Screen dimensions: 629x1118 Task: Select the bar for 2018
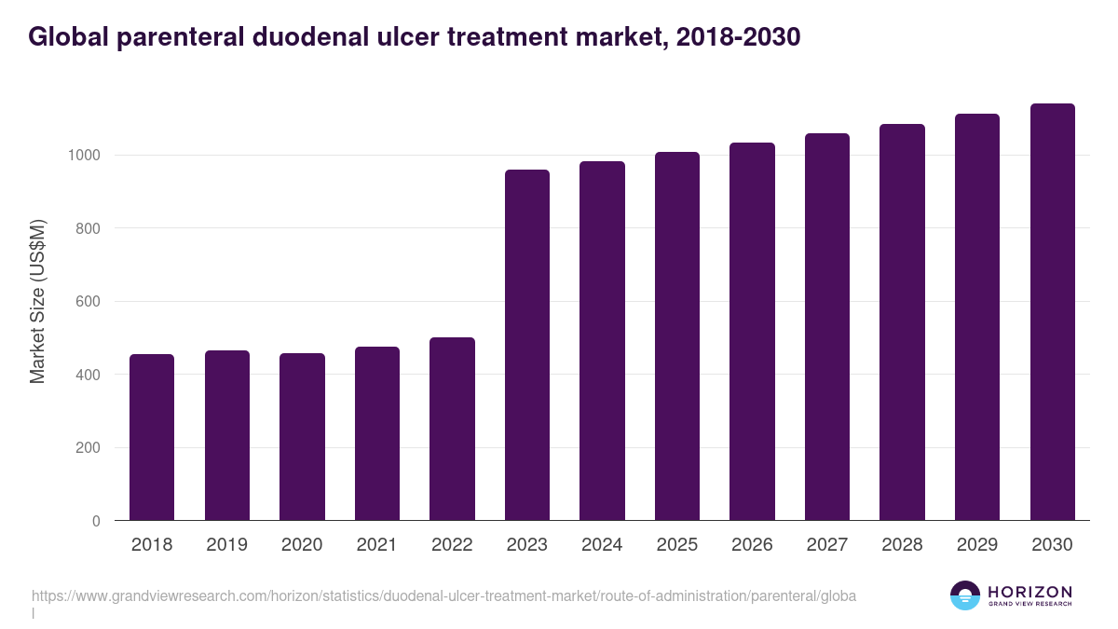click(x=152, y=437)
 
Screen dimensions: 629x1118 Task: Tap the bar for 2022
click(x=452, y=429)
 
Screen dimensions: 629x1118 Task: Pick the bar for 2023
click(x=527, y=345)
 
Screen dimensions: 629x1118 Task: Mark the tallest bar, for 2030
click(x=1052, y=312)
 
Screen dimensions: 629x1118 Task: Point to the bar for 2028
click(x=902, y=322)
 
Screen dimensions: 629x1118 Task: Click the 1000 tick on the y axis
click(x=83, y=155)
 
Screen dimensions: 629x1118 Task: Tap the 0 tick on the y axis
click(x=96, y=522)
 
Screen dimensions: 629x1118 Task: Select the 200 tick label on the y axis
click(x=88, y=448)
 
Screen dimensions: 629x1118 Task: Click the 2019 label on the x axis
click(x=226, y=545)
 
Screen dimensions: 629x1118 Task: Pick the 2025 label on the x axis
click(x=676, y=545)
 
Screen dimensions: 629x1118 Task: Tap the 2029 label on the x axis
click(x=976, y=545)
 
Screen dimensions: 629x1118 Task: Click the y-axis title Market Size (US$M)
click(x=37, y=301)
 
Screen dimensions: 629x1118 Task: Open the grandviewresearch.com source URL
click(x=443, y=595)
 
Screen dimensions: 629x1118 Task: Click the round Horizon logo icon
click(x=965, y=595)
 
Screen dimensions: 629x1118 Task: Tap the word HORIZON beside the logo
click(x=1029, y=592)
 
